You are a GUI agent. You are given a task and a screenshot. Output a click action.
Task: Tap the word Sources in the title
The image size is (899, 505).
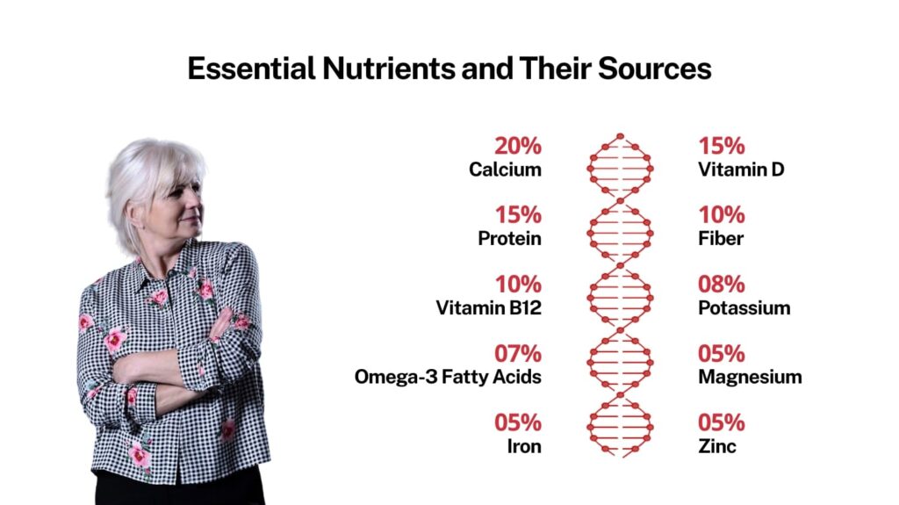pyautogui.click(x=655, y=69)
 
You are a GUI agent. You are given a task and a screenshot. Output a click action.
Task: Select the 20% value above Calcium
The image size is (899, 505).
pyautogui.click(x=518, y=146)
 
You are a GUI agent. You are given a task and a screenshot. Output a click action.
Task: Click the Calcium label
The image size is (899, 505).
pyautogui.click(x=505, y=170)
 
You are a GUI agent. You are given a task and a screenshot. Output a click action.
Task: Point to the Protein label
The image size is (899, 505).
pyautogui.click(x=510, y=238)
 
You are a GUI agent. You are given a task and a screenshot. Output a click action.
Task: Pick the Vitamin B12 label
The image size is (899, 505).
pyautogui.click(x=488, y=307)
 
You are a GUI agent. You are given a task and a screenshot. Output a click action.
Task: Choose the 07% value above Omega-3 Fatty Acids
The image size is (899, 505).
pyautogui.click(x=518, y=353)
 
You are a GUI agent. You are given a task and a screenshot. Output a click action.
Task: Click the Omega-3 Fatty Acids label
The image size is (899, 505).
pyautogui.click(x=448, y=377)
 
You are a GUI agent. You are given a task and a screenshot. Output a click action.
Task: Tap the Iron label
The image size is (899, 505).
pyautogui.click(x=524, y=446)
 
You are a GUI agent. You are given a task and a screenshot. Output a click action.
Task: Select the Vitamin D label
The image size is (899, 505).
pyautogui.click(x=741, y=170)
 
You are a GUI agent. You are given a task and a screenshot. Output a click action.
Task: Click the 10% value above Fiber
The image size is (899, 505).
pyautogui.click(x=722, y=215)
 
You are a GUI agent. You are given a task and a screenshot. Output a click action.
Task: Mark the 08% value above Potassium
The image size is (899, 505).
pyautogui.click(x=722, y=284)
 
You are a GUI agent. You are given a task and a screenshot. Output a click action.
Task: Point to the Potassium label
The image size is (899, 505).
pyautogui.click(x=744, y=307)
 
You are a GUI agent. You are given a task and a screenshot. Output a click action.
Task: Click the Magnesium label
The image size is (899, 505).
pyautogui.click(x=750, y=377)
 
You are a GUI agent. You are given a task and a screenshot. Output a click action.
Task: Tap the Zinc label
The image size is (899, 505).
pyautogui.click(x=717, y=446)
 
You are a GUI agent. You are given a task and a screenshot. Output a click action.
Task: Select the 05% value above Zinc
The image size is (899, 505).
pyautogui.click(x=722, y=423)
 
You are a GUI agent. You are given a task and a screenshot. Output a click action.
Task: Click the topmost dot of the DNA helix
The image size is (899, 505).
pyautogui.click(x=620, y=137)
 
